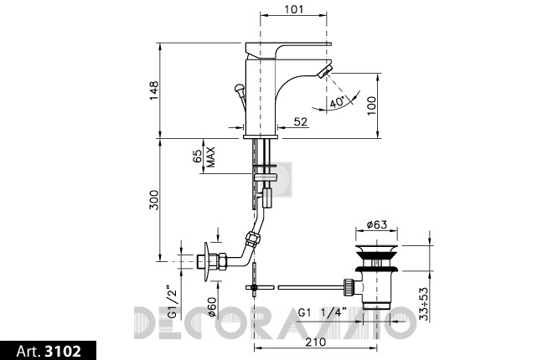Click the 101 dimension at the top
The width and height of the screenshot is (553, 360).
[293, 9]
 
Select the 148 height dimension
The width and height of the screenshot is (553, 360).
[154, 90]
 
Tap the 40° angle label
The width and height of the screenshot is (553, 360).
[337, 102]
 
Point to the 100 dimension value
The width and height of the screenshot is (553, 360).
[371, 105]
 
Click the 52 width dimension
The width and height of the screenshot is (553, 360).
[301, 122]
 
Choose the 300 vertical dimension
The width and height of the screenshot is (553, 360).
[154, 200]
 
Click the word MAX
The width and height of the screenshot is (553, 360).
[210, 157]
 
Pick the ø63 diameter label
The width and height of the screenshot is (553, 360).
[377, 224]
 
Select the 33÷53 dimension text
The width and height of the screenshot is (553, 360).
[424, 304]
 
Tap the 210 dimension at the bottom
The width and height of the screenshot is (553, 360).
[316, 342]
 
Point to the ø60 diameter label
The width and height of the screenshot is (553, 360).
[212, 307]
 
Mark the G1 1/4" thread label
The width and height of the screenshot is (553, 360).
[323, 312]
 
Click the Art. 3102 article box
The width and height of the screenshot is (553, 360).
[49, 351]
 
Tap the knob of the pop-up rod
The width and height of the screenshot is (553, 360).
[240, 87]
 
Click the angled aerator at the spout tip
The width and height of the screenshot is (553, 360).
[324, 69]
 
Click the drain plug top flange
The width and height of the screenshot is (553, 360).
[377, 248]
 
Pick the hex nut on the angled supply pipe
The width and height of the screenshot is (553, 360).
[254, 239]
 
